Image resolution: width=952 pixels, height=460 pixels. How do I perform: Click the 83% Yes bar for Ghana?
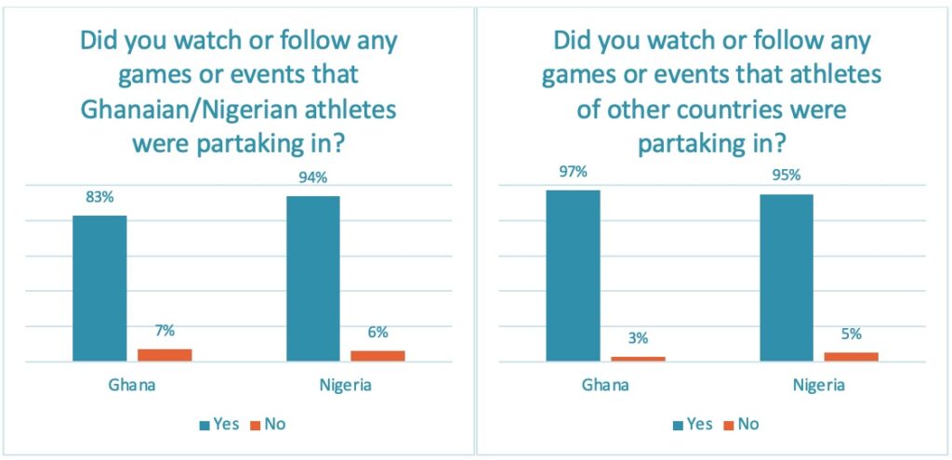[99, 288]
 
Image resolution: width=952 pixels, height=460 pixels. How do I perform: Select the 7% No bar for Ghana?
[165, 354]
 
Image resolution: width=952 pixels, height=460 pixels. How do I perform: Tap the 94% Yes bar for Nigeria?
[312, 278]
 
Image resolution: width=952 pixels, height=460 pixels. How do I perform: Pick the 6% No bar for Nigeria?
[377, 355]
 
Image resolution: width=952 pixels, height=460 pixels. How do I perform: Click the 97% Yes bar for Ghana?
[573, 275]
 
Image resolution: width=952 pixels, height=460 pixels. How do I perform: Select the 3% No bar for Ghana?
[638, 358]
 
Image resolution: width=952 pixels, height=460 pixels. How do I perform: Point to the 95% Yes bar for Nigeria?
[787, 277]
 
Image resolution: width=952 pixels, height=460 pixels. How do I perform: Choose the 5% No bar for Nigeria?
[852, 356]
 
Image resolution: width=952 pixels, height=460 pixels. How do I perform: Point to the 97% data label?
[573, 172]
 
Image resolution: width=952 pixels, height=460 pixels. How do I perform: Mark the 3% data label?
[638, 338]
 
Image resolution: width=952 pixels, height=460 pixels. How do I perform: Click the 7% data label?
[165, 330]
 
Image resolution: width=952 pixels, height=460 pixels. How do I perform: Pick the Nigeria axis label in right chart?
[818, 385]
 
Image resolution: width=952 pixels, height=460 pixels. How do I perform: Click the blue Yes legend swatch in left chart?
[204, 425]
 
